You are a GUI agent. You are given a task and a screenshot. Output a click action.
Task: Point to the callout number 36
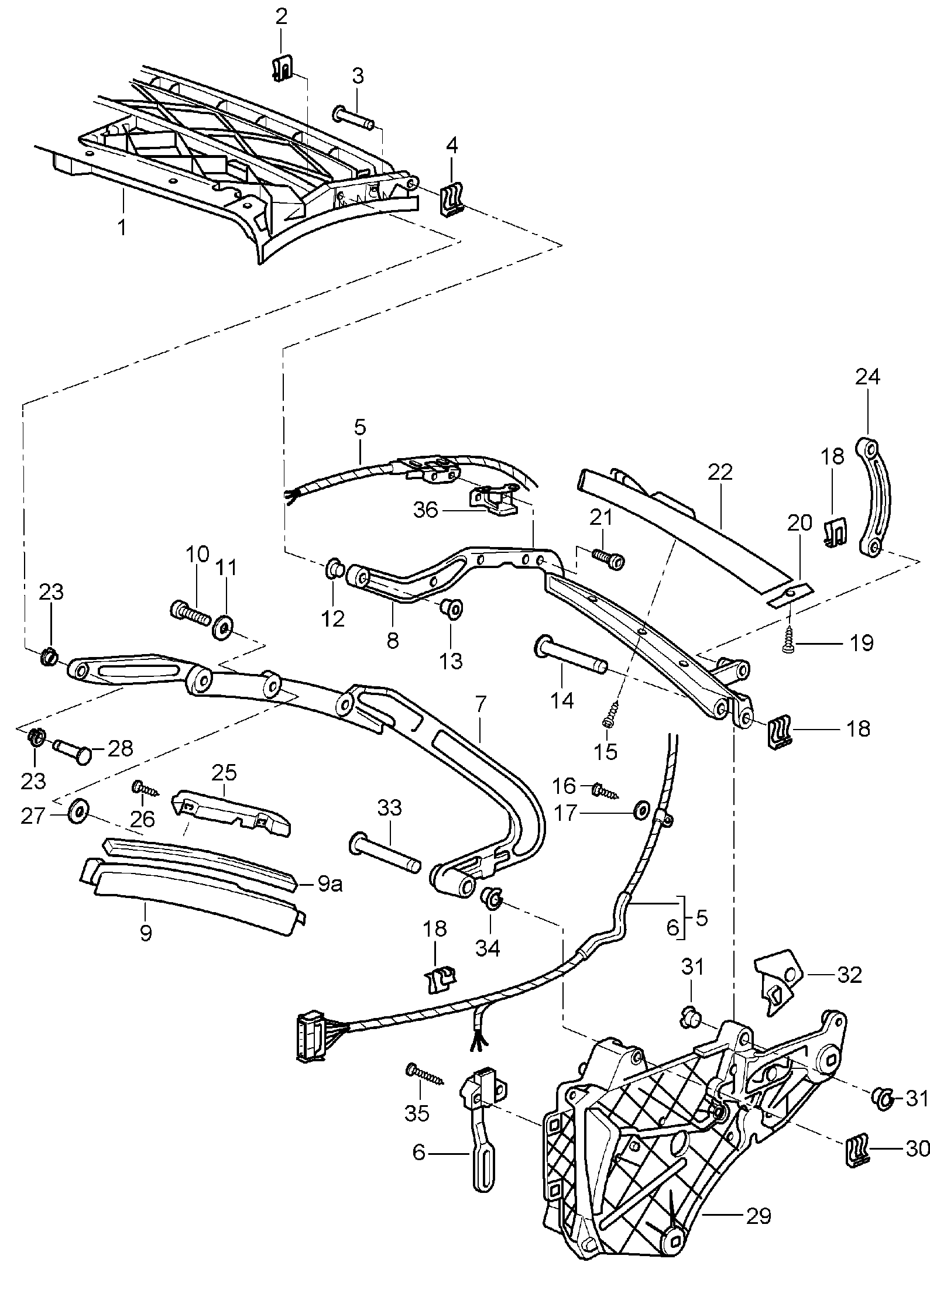(x=425, y=510)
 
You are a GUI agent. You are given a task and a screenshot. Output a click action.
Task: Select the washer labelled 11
(x=223, y=626)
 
